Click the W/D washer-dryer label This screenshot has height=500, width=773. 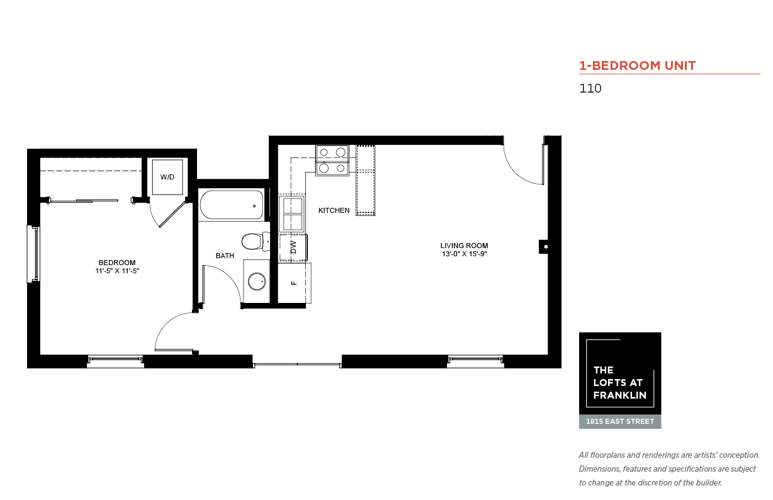pos(167,177)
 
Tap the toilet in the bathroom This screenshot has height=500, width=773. pos(256,241)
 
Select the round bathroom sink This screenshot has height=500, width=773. pos(257,281)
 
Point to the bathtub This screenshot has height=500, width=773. pos(232,205)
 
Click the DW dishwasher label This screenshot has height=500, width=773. pos(293,247)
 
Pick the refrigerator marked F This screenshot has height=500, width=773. pos(295,283)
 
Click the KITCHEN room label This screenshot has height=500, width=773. pos(334,210)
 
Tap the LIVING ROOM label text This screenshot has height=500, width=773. pos(464,246)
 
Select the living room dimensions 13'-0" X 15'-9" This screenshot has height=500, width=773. pos(464,254)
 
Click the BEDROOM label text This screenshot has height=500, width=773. pos(117,263)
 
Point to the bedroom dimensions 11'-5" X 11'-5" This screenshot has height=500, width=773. pos(117,271)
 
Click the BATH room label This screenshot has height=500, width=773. pos(225,256)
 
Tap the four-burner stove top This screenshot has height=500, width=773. pos(332,160)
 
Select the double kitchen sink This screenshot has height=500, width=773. pos(292,213)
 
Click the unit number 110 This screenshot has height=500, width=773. pos(590,88)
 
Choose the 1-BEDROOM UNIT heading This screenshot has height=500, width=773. pos(638,65)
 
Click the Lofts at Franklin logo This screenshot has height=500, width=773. pos(620,373)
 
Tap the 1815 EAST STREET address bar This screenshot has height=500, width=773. pos(620,422)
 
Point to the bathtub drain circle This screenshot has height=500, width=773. pos(254,206)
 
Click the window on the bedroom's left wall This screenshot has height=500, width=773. pos(33,254)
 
